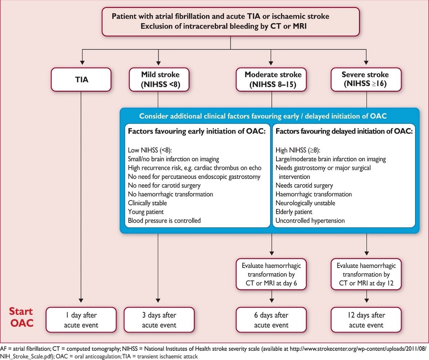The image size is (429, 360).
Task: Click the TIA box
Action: point(81,80)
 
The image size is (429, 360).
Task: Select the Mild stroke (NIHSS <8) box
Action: point(159,80)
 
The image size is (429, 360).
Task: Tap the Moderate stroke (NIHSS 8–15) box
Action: point(271,80)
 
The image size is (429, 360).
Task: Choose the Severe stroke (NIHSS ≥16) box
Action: point(366,80)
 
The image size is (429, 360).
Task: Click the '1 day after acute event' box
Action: point(81,320)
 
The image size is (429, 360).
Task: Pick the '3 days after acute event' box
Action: point(159,320)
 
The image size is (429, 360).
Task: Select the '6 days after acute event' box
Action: point(271,320)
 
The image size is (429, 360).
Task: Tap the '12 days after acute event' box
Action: point(366,320)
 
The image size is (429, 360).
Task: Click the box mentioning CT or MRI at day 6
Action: point(271,274)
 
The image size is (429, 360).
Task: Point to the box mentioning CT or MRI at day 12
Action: point(366,274)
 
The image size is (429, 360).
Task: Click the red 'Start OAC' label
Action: point(21,317)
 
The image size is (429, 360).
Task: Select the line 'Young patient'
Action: point(146,212)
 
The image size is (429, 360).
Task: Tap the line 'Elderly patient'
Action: point(294,212)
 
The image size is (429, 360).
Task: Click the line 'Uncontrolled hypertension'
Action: point(310,221)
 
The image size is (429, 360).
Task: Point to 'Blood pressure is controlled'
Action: point(164,221)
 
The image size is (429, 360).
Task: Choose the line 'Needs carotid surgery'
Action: point(304,186)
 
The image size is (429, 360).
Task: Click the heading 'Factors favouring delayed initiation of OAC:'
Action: point(344,131)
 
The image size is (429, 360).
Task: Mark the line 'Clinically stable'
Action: point(147,203)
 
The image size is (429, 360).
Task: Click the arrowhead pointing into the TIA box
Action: point(82,62)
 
